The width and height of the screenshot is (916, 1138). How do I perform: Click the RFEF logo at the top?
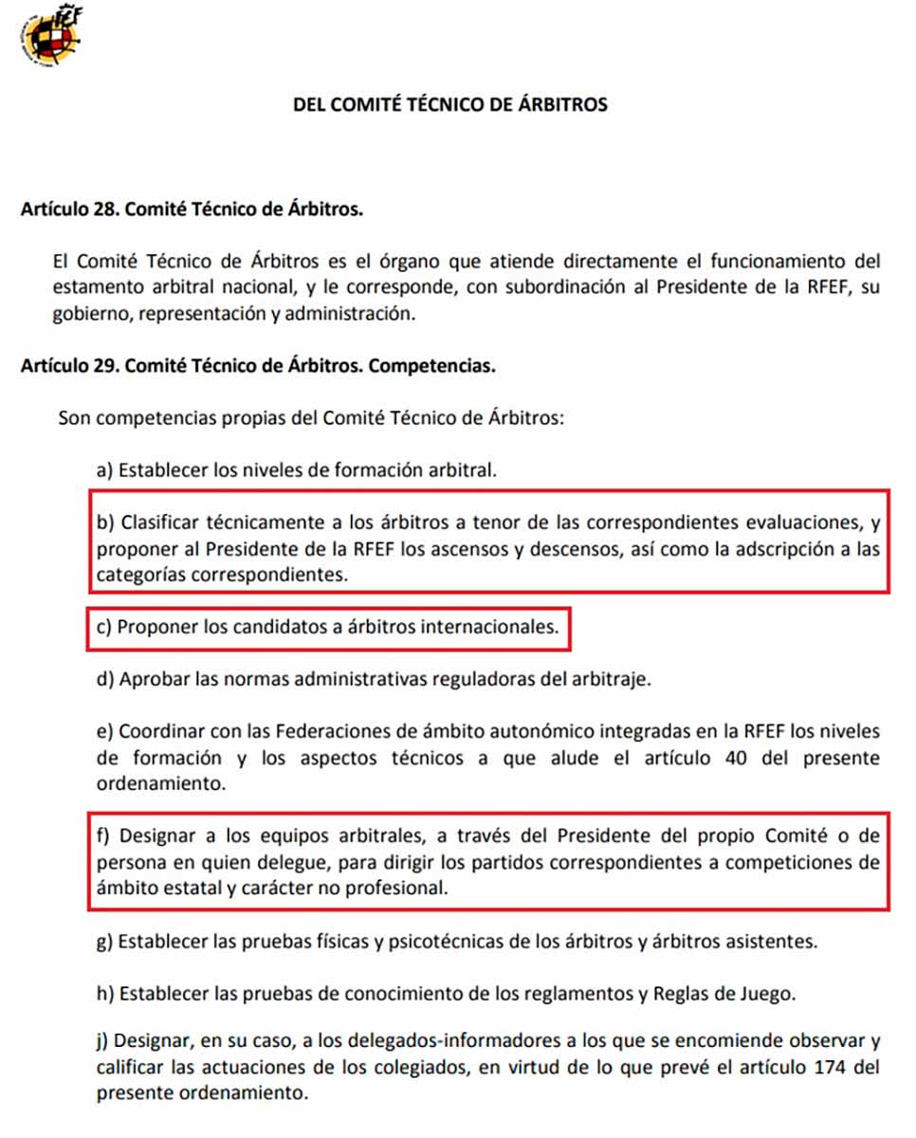click(49, 36)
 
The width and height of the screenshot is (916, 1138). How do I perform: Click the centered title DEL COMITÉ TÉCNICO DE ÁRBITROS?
click(450, 105)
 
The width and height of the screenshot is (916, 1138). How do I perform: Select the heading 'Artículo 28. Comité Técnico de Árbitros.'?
click(191, 209)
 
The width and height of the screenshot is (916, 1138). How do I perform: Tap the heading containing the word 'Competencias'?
click(257, 365)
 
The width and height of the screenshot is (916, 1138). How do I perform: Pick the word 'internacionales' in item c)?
click(496, 628)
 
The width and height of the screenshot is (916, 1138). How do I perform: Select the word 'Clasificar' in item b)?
click(158, 523)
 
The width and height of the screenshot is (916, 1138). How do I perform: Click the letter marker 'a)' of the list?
click(105, 469)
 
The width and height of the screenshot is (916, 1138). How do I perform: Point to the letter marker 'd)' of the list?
click(105, 680)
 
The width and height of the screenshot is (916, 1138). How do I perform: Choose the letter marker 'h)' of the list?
click(105, 994)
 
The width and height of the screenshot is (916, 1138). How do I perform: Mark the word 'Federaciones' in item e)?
click(327, 732)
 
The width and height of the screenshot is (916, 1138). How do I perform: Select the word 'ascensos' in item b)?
click(475, 549)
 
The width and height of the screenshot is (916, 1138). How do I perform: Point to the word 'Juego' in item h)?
click(771, 994)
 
